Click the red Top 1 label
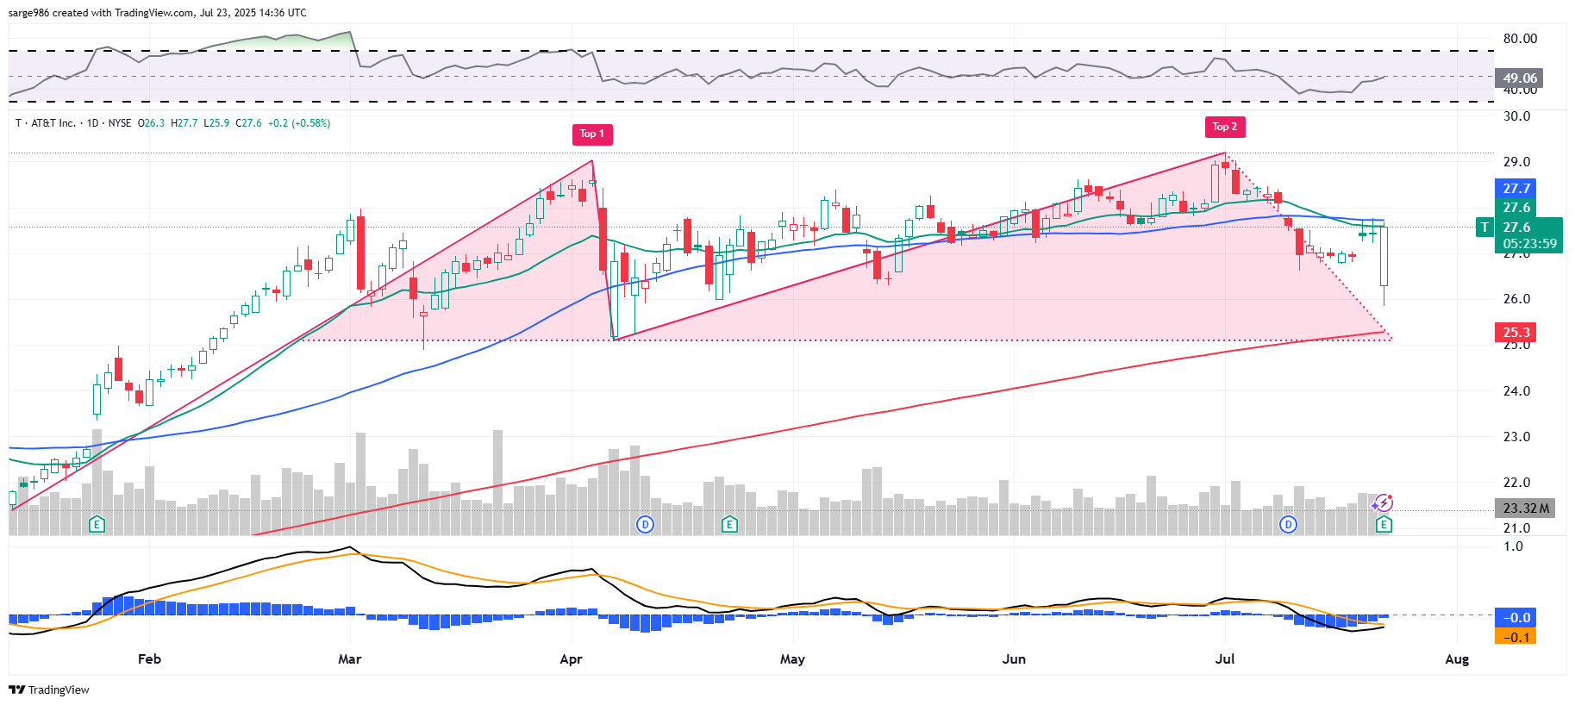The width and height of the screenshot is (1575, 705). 592,134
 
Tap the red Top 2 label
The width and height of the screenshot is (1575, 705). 1224,127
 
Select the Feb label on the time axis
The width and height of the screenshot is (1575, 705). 149,659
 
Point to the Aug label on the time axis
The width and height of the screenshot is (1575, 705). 1456,659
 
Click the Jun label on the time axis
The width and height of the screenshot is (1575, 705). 1014,659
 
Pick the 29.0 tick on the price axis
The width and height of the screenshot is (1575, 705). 1516,162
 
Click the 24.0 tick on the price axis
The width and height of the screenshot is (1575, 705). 1516,391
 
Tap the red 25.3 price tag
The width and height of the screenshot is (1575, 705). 1516,333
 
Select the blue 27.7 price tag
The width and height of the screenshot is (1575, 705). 1516,189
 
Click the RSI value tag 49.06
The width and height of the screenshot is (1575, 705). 1519,78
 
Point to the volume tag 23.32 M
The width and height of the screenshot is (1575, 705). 1525,508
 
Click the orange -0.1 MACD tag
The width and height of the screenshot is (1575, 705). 1516,638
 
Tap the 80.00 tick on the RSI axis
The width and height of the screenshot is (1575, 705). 1520,39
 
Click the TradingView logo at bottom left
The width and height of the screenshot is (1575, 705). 49,689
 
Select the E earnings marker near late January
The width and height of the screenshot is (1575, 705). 97,524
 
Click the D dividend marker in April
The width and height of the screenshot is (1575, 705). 645,524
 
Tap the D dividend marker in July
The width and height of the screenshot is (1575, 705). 1288,524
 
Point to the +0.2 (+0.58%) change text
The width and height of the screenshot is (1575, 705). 298,123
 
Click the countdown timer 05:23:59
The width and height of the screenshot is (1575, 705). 1529,244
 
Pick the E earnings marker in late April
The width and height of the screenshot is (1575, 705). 729,524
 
